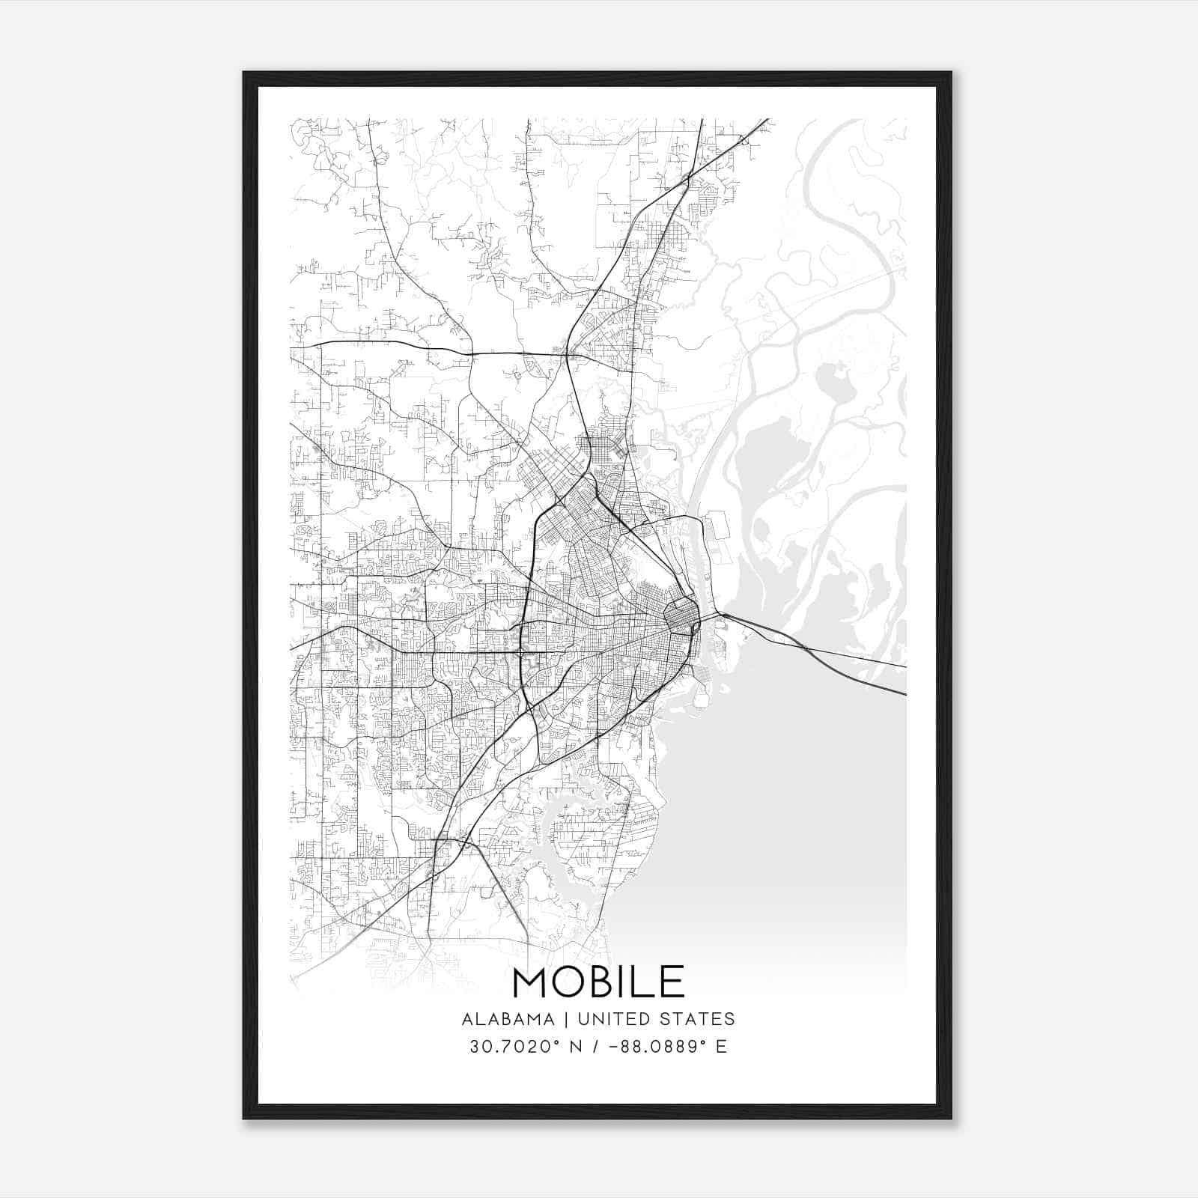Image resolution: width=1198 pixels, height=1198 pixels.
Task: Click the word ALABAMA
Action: pos(508,1019)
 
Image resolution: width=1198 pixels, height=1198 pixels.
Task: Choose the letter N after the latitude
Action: pos(554,1046)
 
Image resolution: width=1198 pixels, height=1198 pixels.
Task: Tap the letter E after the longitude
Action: pos(721,1046)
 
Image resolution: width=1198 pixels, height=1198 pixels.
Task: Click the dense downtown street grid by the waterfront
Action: pos(680,618)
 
